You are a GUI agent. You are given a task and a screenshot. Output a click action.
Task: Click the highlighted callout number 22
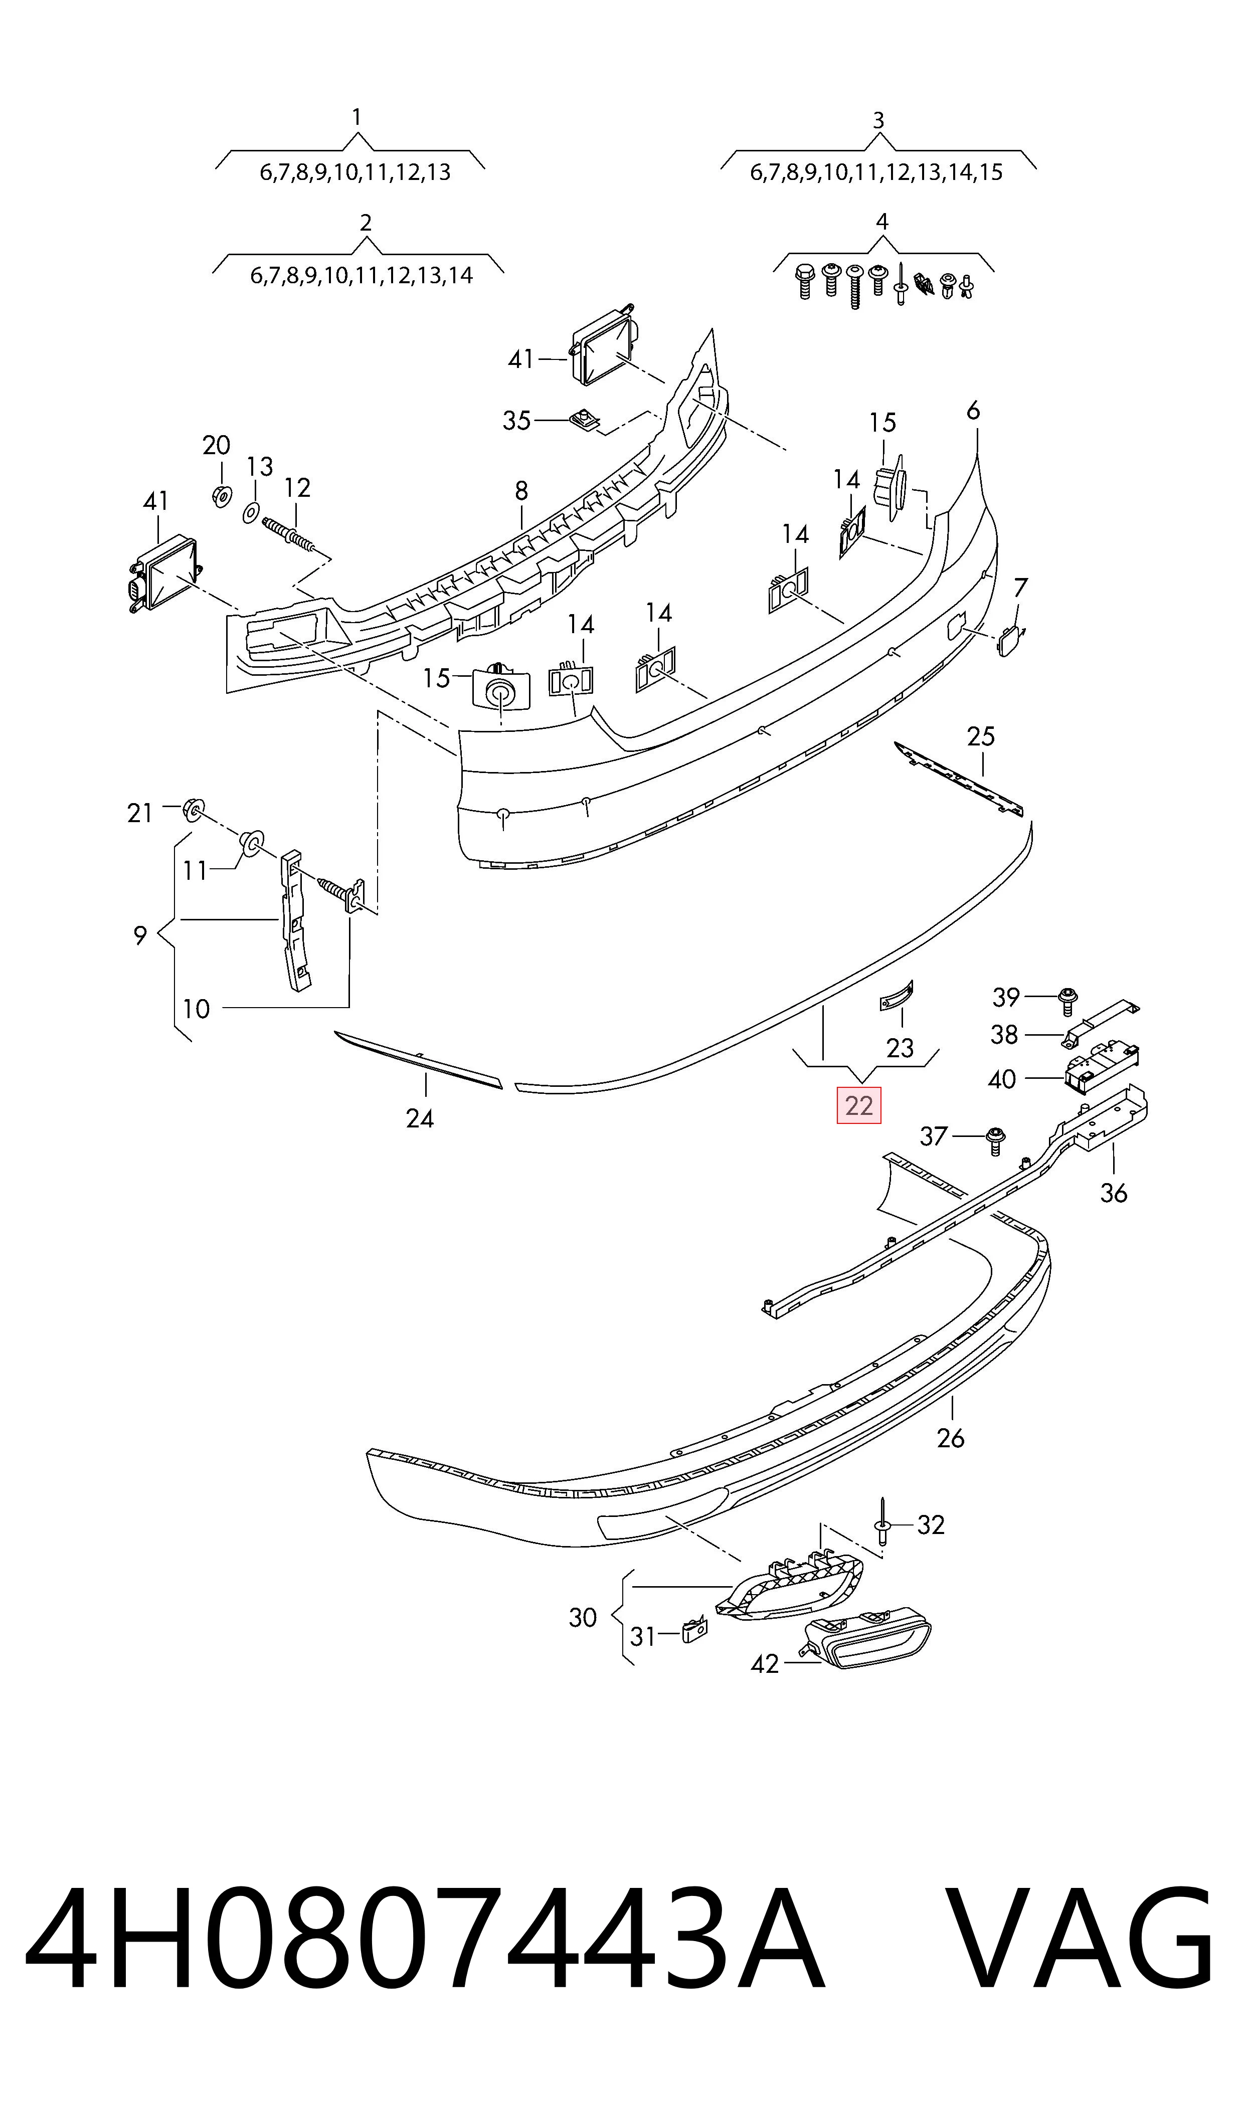click(x=858, y=1105)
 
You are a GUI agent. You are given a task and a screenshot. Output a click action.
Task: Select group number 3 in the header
click(x=878, y=121)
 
